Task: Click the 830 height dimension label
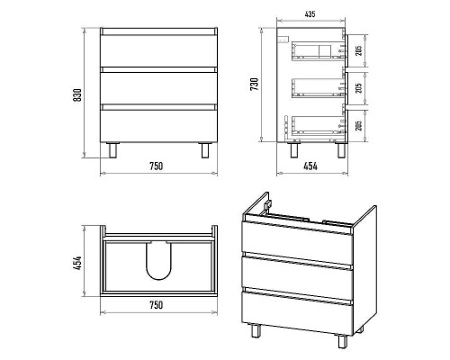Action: point(77,95)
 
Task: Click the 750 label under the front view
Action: point(156,166)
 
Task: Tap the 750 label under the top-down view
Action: point(156,305)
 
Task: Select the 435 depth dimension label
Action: point(310,14)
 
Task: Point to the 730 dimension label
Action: point(254,85)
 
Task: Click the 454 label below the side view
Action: point(310,166)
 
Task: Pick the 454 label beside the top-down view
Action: point(77,263)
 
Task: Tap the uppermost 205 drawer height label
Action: point(358,50)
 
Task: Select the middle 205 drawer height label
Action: point(358,87)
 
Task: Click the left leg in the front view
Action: point(112,150)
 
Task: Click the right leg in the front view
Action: point(205,150)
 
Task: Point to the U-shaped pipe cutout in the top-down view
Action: point(158,260)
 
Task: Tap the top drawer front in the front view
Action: point(158,50)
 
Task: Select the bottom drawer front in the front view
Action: point(158,126)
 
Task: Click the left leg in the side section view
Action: point(294,150)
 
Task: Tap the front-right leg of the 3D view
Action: point(343,341)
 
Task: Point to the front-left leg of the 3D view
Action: point(256,330)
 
